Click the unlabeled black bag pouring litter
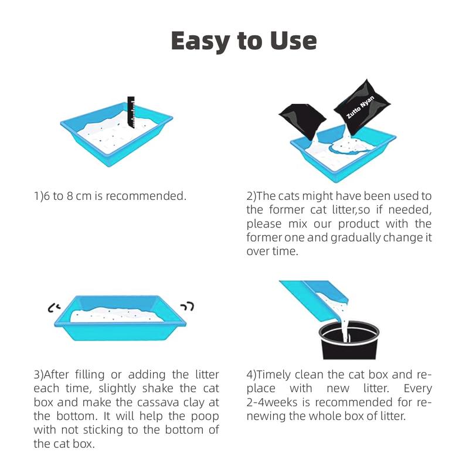click(x=302, y=121)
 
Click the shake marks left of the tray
click(x=55, y=307)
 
